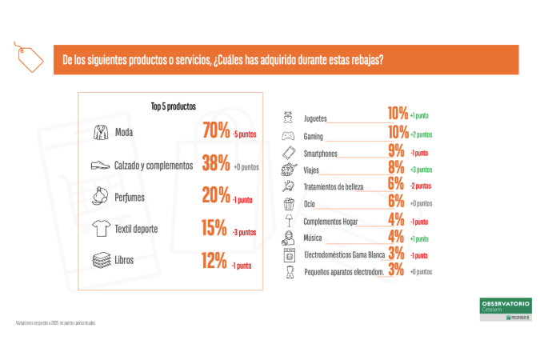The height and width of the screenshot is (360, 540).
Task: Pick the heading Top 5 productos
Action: click(x=172, y=106)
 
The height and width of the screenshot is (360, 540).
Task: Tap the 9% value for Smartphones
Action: click(x=396, y=151)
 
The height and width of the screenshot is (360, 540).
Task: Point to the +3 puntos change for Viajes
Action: click(x=422, y=170)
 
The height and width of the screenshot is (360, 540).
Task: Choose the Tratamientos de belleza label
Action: click(x=334, y=186)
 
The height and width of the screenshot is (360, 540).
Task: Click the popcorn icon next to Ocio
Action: click(x=288, y=203)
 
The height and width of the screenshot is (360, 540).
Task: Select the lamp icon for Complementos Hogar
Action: click(x=288, y=221)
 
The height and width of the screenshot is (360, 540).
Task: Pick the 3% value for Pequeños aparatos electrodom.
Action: click(x=396, y=271)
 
